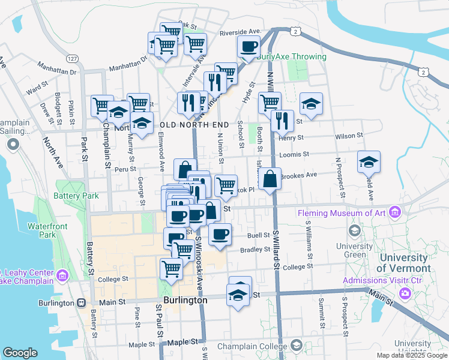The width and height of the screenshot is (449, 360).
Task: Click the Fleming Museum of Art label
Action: click(343, 212)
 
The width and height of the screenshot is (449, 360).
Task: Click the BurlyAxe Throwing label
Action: click(292, 57)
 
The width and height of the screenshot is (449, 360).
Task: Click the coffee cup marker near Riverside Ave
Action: click(249, 46)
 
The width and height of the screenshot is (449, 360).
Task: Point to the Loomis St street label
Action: click(294, 154)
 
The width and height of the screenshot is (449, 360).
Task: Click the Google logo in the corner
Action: click(20, 353)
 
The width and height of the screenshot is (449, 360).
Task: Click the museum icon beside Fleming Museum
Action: click(394, 212)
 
